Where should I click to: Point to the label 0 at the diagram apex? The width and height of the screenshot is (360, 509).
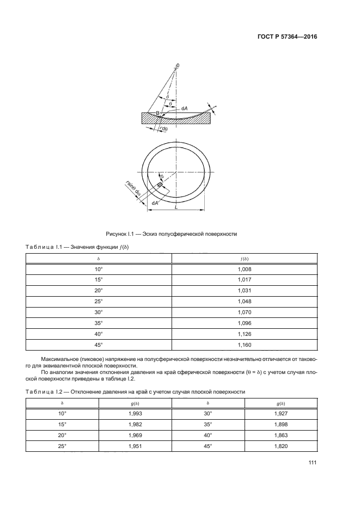[178, 65]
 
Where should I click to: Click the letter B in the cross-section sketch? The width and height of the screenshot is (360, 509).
[157, 113]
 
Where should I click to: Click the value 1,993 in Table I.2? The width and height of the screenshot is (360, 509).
[135, 414]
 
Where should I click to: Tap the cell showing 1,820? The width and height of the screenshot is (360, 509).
[281, 446]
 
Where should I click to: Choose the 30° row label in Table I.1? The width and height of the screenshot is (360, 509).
[99, 312]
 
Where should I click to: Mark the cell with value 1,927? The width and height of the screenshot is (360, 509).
[281, 414]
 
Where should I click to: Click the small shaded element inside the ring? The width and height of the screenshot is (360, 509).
[160, 185]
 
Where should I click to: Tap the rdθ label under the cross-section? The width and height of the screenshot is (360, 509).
[163, 128]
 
